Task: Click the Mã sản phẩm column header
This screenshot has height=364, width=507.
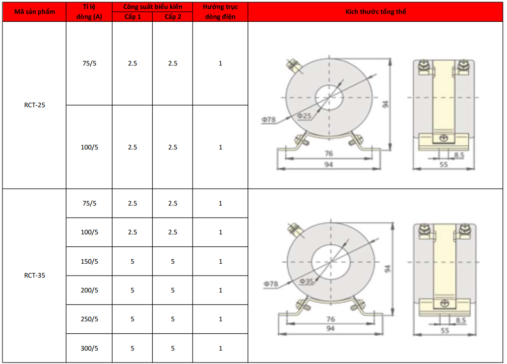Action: [35, 12]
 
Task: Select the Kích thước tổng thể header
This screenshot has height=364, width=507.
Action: [376, 11]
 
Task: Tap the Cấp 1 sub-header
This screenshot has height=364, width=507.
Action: [132, 17]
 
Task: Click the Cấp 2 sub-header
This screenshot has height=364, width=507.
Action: [173, 17]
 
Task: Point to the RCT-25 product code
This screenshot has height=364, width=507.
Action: [35, 105]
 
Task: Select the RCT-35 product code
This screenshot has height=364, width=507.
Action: [35, 275]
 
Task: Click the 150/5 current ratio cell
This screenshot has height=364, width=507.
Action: [89, 261]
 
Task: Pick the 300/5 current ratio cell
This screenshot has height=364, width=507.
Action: [89, 349]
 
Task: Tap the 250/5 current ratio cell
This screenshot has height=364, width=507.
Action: [89, 319]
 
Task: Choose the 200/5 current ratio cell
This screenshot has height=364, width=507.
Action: [89, 290]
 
